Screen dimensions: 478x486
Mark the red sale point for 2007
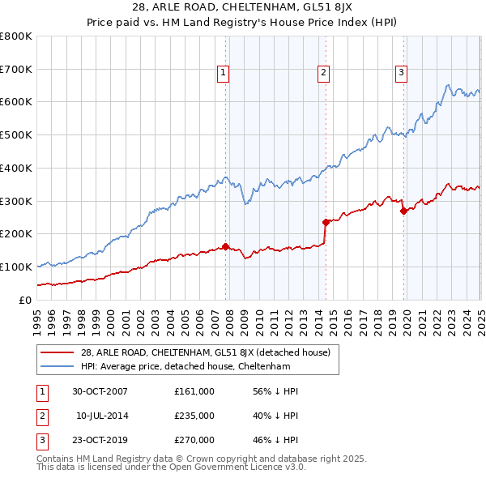pos(226,246)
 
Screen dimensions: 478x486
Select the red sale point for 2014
pos(326,221)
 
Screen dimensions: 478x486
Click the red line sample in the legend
pos(57,352)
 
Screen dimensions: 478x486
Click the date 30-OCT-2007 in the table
pos(100,391)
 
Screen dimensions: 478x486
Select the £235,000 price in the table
pos(194,416)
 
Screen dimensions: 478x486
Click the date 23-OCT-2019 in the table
pos(100,441)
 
